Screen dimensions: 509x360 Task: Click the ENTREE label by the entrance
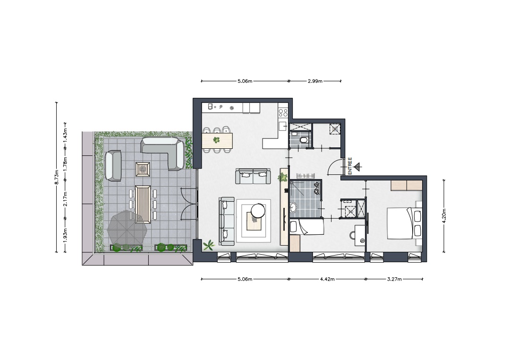[x=350, y=166]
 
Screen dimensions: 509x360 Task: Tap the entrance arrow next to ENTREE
[x=358, y=167]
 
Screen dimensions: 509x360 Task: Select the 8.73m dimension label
[x=57, y=177]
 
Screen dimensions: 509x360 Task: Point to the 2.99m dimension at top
[x=315, y=81]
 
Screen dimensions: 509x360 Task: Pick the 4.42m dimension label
[x=327, y=279]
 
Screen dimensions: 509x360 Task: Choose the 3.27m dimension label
[x=394, y=279]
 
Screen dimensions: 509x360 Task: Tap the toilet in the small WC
[x=303, y=140]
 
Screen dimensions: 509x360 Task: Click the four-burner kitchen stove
[x=283, y=113]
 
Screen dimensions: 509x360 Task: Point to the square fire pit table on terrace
[x=143, y=169]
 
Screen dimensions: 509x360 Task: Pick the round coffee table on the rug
[x=258, y=210]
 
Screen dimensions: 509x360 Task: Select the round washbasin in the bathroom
[x=294, y=207]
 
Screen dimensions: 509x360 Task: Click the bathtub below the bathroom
[x=306, y=226]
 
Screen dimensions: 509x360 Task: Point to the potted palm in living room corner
[x=208, y=245]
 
